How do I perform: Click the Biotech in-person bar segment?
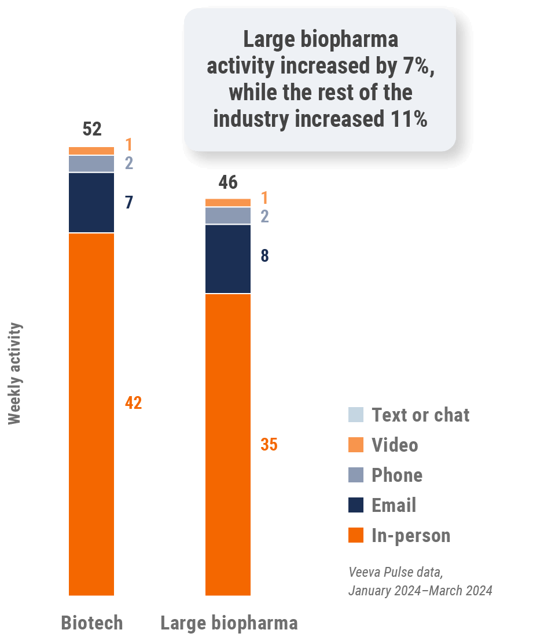[91, 414]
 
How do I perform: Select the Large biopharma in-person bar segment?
[228, 444]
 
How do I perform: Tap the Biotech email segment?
[91, 203]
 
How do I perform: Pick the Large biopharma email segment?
[228, 259]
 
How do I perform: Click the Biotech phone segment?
[91, 164]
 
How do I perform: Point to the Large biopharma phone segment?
[228, 215]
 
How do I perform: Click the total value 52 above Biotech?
[92, 129]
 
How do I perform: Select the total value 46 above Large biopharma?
[228, 182]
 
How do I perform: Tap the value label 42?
[133, 403]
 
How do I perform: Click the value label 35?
[269, 445]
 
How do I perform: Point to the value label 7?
[129, 203]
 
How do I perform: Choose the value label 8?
[264, 256]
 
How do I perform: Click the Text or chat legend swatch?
[356, 415]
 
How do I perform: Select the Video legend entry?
[394, 445]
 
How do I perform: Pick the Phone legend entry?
[396, 475]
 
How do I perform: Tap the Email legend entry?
[393, 505]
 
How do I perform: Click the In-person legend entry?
[410, 535]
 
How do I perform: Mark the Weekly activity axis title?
[15, 374]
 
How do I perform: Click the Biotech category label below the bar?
[92, 623]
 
